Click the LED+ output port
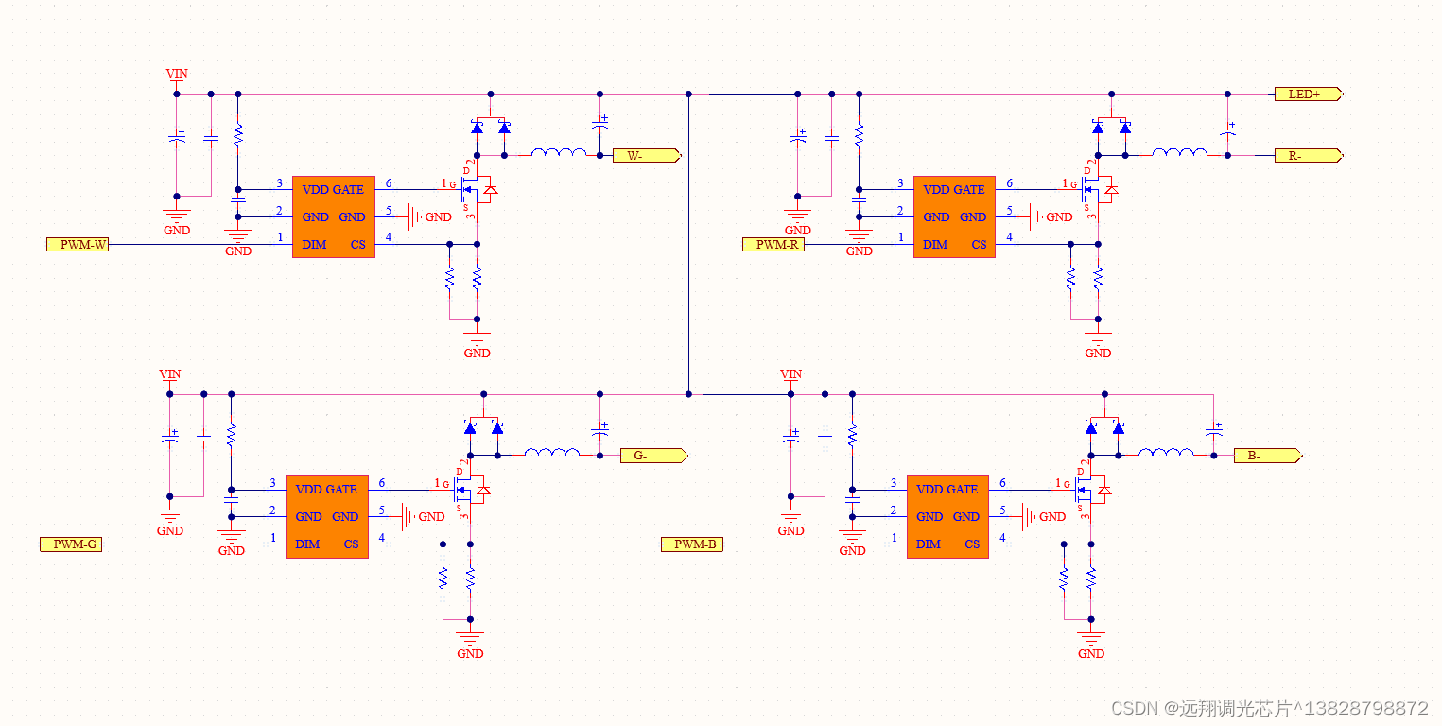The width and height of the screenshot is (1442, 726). pyautogui.click(x=1308, y=94)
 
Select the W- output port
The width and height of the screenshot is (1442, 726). pyautogui.click(x=647, y=156)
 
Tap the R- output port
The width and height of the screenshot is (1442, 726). pyautogui.click(x=1308, y=156)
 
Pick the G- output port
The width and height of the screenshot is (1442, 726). pyautogui.click(x=653, y=456)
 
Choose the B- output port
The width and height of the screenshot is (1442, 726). pyautogui.click(x=1268, y=456)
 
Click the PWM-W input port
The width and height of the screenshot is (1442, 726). pyautogui.click(x=78, y=245)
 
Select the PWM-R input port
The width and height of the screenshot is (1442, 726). pyautogui.click(x=773, y=245)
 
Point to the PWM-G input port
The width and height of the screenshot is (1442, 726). pyautogui.click(x=71, y=544)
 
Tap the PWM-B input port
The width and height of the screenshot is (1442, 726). pyautogui.click(x=692, y=544)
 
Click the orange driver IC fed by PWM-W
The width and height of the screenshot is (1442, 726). pyautogui.click(x=334, y=216)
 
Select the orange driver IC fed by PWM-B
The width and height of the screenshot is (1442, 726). pyautogui.click(x=947, y=517)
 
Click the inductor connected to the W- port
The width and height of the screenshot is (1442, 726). pyautogui.click(x=559, y=152)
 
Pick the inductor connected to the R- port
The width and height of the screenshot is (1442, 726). pyautogui.click(x=1179, y=152)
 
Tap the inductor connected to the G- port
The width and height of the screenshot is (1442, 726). pyautogui.click(x=551, y=453)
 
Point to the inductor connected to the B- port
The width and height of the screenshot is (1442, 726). pyautogui.click(x=1166, y=453)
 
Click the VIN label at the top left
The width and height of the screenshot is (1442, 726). pyautogui.click(x=177, y=74)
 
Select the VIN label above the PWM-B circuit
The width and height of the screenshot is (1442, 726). pyautogui.click(x=790, y=374)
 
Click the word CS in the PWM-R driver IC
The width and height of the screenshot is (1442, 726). pyautogui.click(x=979, y=245)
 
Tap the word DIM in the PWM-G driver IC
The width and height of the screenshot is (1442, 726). pyautogui.click(x=307, y=544)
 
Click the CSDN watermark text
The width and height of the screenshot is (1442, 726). pyautogui.click(x=1270, y=708)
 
